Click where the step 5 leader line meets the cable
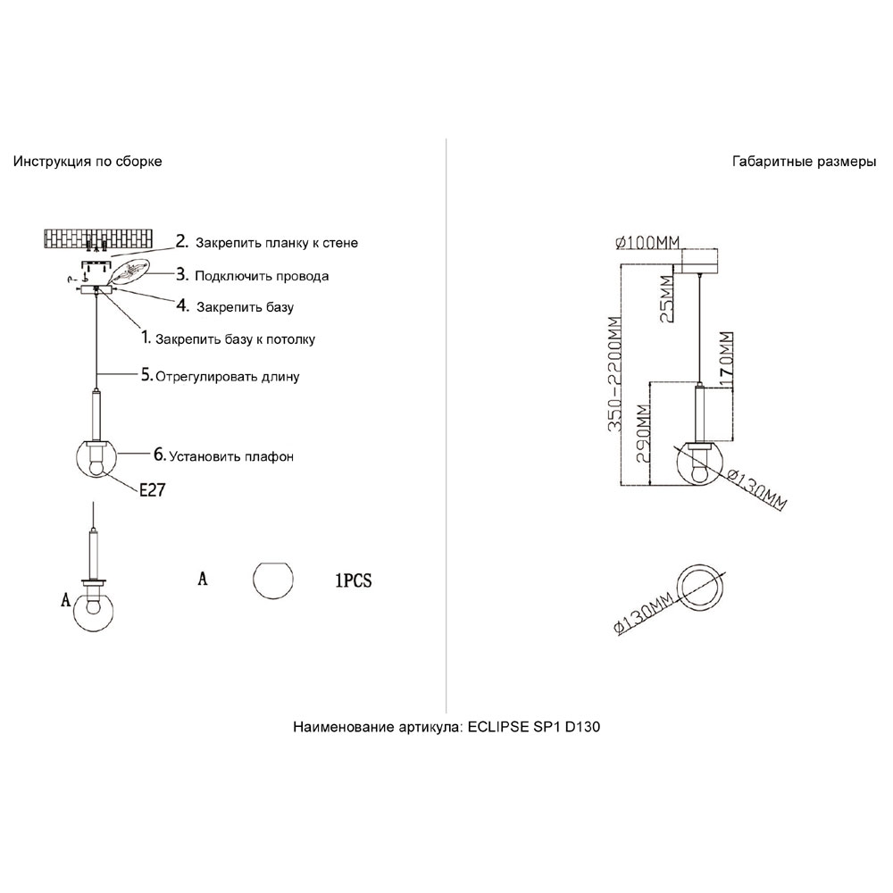point(98,373)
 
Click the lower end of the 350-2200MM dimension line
point(622,485)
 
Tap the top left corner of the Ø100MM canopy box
point(681,249)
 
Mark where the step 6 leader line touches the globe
point(117,454)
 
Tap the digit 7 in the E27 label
point(160,489)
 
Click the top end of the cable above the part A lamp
point(94,502)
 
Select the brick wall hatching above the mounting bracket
point(98,238)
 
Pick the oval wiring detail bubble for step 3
point(129,271)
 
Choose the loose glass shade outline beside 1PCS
point(272,580)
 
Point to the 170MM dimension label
point(725,360)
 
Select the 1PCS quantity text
point(353,580)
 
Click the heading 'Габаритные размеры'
point(804,162)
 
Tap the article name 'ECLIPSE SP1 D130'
point(534,727)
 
